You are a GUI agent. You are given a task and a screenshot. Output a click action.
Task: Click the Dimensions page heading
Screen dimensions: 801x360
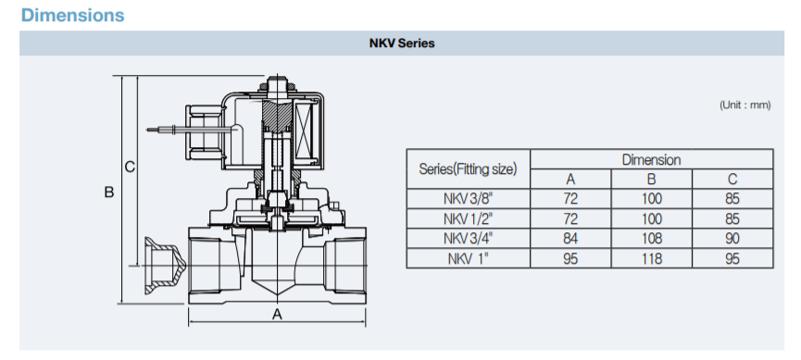point(72,15)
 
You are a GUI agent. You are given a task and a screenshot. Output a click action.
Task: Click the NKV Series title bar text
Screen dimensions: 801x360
point(402,43)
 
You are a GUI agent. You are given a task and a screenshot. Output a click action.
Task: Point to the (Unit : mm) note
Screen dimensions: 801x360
point(745,106)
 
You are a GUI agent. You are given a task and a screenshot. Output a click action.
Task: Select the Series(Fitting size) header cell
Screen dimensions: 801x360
point(468,169)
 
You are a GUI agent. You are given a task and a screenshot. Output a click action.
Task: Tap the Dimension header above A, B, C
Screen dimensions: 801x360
point(651,160)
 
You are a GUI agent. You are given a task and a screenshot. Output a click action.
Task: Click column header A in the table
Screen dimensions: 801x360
point(570,180)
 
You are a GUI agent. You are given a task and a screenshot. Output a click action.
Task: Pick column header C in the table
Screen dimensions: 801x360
point(732,180)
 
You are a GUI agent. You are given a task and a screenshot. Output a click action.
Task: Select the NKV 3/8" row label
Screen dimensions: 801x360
point(468,199)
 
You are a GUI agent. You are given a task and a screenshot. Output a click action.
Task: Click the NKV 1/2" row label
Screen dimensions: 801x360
point(468,218)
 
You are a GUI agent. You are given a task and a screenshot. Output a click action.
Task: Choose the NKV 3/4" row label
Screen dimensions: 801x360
point(468,239)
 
